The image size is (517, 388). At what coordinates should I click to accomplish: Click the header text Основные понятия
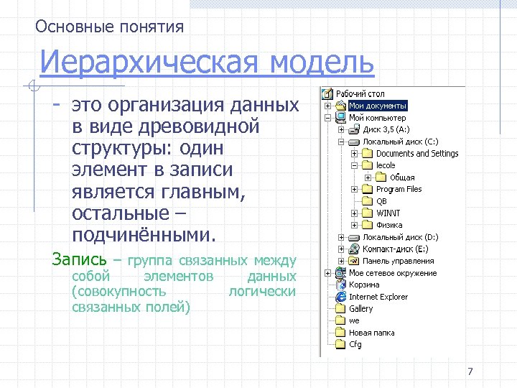(x=110, y=27)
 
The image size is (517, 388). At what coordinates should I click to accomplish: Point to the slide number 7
(x=470, y=371)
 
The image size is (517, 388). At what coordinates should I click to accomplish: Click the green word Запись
(x=79, y=259)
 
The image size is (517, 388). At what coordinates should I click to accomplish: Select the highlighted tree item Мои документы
(x=378, y=106)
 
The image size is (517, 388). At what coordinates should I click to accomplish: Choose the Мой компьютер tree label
(x=377, y=118)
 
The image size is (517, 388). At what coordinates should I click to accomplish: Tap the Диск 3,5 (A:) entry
(x=386, y=130)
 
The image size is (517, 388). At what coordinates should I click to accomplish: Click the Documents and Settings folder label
(x=417, y=154)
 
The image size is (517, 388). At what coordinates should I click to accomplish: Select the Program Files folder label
(x=399, y=190)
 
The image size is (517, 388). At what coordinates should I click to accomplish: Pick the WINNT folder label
(x=388, y=213)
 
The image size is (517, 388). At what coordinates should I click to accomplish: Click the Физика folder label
(x=389, y=226)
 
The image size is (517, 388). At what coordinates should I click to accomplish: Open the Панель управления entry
(x=398, y=262)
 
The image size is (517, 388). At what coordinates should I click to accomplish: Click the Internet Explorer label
(x=378, y=297)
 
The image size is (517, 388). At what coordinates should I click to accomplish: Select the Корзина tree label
(x=363, y=285)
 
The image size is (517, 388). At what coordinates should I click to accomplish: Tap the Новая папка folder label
(x=371, y=333)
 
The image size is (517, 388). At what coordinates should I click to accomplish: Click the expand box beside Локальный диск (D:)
(x=340, y=238)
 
